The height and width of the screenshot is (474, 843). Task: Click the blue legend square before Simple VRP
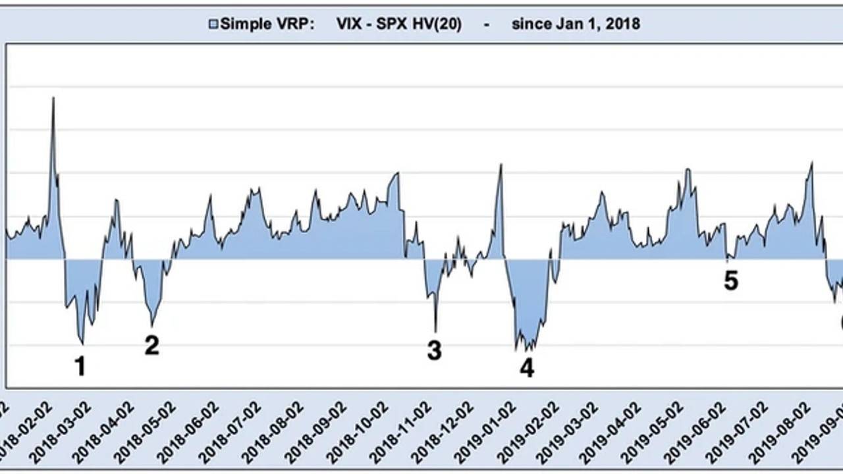point(213,24)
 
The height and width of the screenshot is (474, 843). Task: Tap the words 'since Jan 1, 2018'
point(576,24)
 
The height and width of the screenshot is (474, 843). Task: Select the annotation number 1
point(80,367)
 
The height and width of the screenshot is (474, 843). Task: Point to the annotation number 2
point(151,345)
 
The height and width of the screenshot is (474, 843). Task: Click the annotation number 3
point(434,350)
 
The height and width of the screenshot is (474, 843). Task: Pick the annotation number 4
point(527,367)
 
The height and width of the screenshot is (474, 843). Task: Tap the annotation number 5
point(731,281)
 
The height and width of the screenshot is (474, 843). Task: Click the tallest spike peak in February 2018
point(53,98)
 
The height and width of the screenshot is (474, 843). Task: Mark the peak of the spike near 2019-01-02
point(501,165)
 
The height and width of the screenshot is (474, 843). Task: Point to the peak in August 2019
point(811,163)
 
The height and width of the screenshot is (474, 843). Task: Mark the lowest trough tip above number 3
point(436,330)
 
